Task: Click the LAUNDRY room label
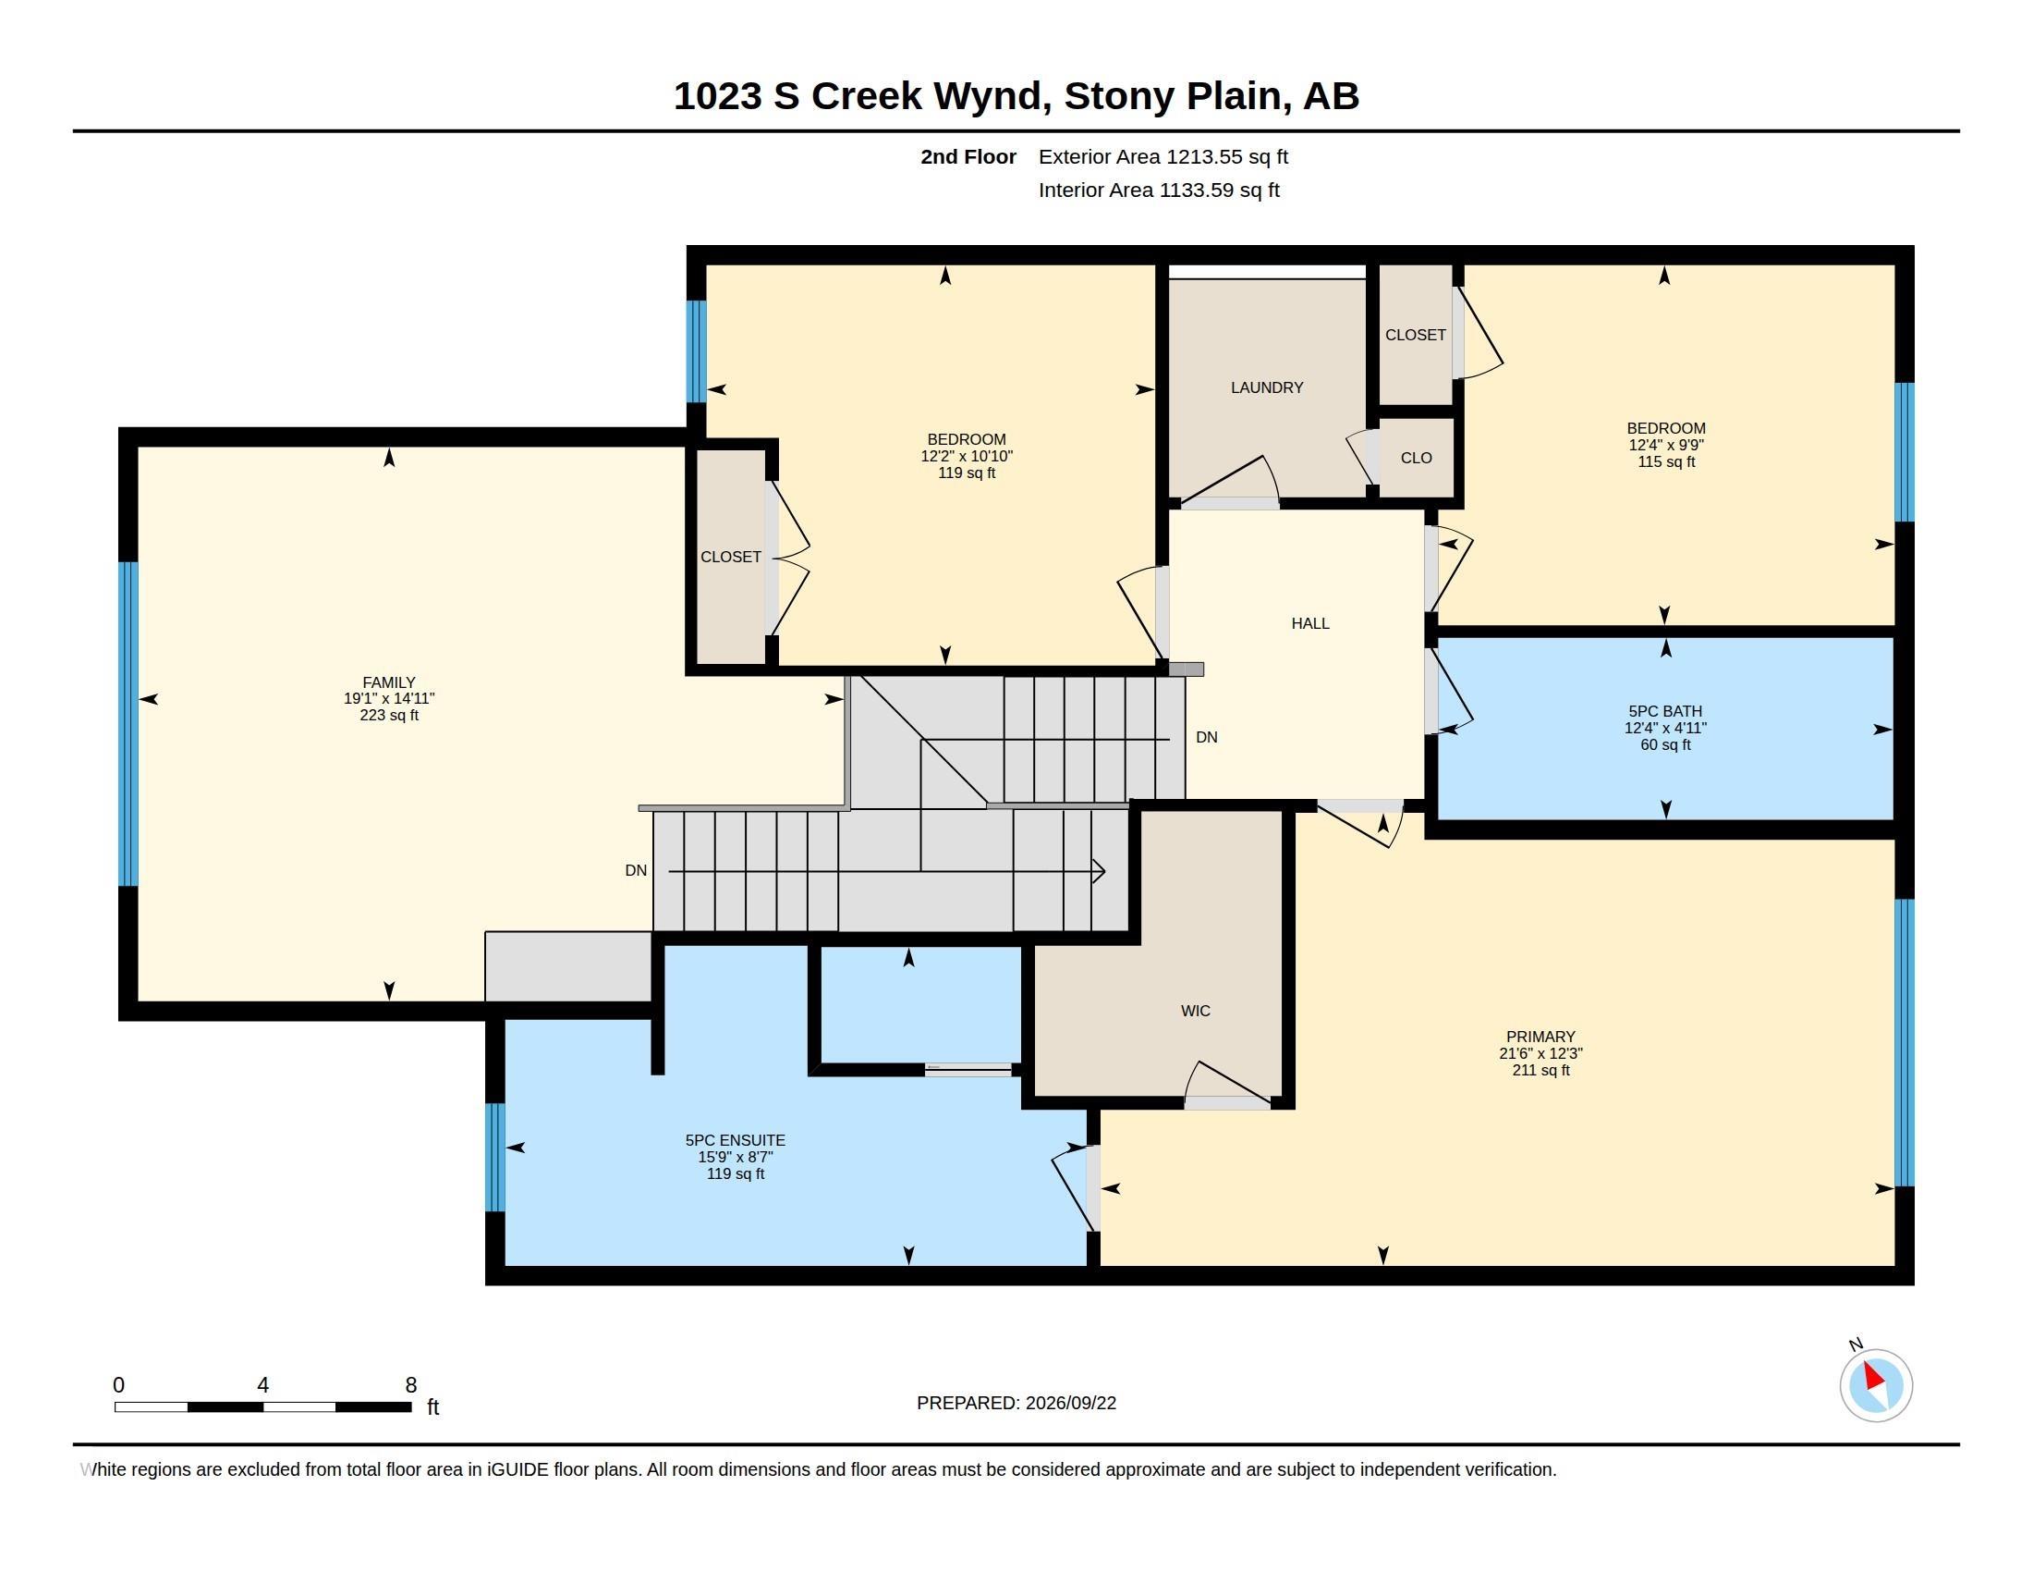point(1266,387)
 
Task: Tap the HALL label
point(1309,623)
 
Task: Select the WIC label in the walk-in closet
point(1195,1011)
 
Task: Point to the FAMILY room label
point(389,682)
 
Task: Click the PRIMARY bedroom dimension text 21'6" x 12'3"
point(1540,1053)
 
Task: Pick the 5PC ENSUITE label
point(736,1140)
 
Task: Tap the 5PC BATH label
point(1665,711)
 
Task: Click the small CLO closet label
point(1416,457)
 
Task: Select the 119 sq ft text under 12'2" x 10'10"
point(967,473)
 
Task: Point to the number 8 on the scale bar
point(410,1385)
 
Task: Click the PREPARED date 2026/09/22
point(1070,1403)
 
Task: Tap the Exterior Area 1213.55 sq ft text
point(1163,156)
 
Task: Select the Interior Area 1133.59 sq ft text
point(1159,190)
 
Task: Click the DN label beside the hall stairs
point(1206,737)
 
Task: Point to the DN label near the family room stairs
point(636,870)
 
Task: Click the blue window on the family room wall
point(128,723)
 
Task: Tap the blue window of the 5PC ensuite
point(495,1157)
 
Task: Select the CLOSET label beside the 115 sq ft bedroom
point(1415,335)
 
